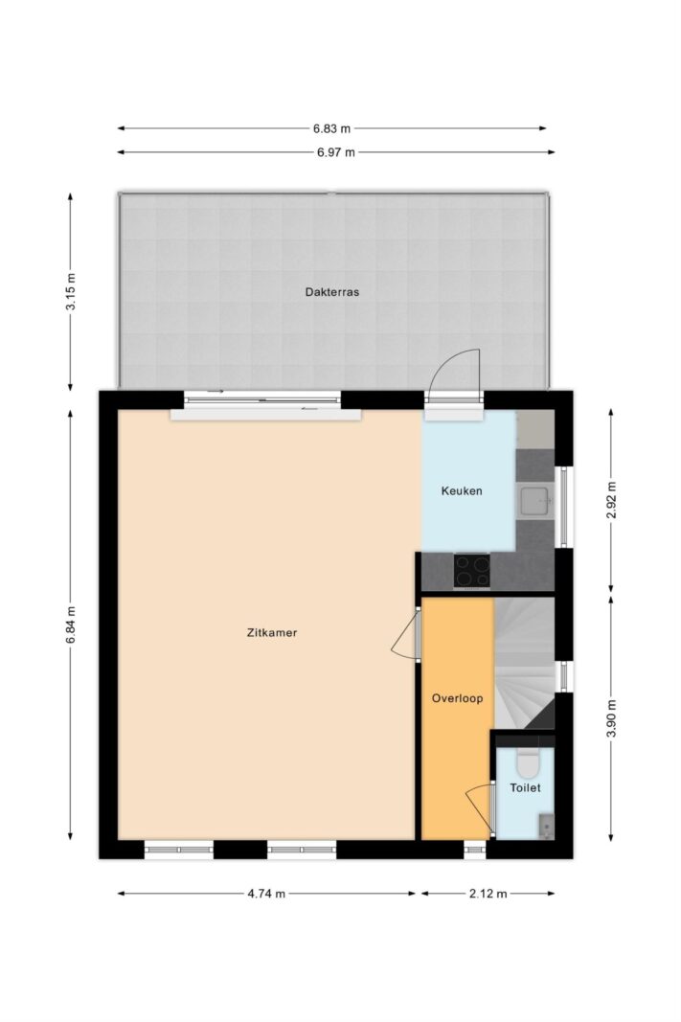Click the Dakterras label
click(x=331, y=292)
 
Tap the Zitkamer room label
click(x=272, y=632)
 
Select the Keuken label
click(x=462, y=490)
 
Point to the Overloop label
click(x=457, y=698)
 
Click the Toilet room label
click(x=525, y=788)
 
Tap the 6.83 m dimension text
click(x=331, y=128)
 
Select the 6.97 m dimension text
click(x=336, y=152)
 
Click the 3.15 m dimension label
click(x=71, y=291)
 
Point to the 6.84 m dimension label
click(x=71, y=625)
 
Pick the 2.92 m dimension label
click(x=611, y=500)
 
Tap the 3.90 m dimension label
click(x=611, y=718)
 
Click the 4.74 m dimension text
click(x=266, y=894)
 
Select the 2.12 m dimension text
click(x=488, y=894)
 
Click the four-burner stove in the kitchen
click(x=472, y=571)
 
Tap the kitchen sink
click(x=535, y=501)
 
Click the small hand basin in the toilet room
click(x=547, y=826)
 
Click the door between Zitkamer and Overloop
click(x=406, y=635)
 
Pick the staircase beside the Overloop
click(x=524, y=663)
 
